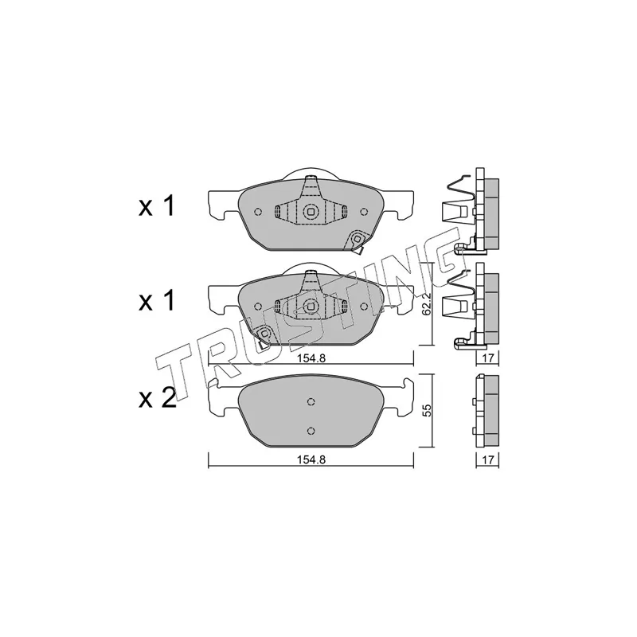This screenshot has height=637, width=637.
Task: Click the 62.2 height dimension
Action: coord(426,304)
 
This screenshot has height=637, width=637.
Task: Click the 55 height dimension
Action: coord(426,411)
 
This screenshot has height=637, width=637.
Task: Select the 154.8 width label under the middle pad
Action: coord(311,358)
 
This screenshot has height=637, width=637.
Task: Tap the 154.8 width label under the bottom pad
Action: coord(311,459)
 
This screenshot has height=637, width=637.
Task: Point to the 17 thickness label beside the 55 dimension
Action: coord(488,460)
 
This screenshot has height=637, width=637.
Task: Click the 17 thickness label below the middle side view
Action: coord(488,358)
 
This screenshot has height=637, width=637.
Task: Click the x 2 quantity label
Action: coord(157,397)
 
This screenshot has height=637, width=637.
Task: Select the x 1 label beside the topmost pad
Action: coord(156,205)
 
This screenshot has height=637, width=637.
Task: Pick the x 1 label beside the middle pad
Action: coord(156,301)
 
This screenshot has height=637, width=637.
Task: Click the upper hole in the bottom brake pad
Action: coord(311,402)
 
